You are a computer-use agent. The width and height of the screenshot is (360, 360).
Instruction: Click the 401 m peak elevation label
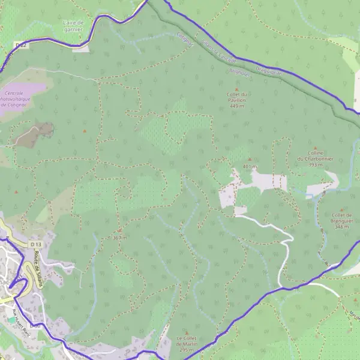click(x=250, y=166)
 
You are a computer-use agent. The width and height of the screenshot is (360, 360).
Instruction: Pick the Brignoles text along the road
click(x=240, y=70)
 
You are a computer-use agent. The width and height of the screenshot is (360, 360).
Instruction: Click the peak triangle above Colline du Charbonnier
click(x=316, y=148)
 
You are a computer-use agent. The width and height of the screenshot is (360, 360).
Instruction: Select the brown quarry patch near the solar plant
click(x=35, y=133)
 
